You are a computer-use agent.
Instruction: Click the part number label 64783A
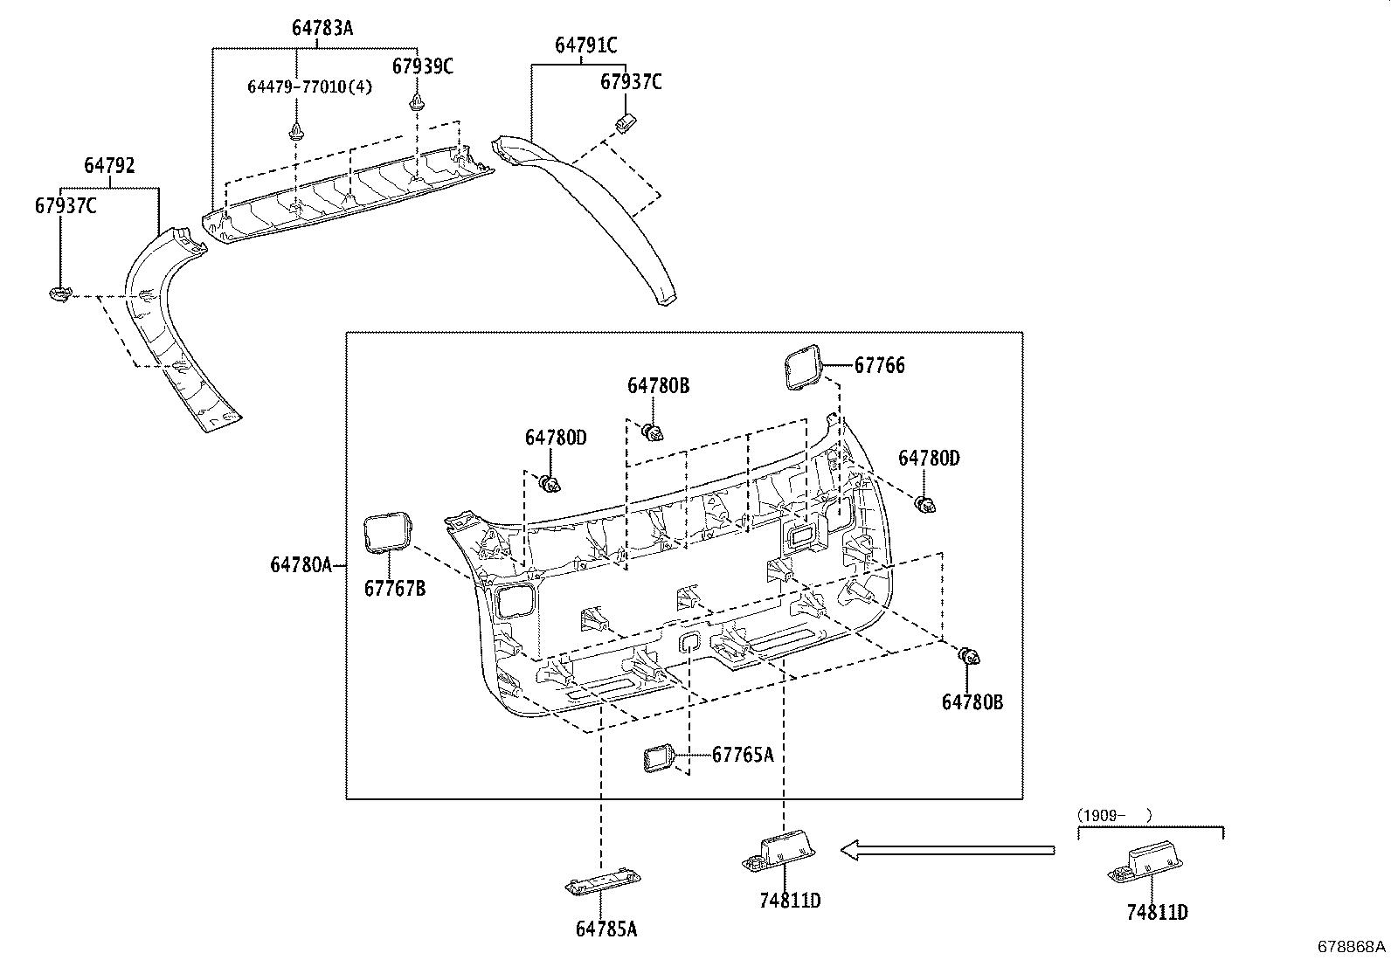(322, 28)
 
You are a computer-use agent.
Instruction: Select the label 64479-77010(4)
(309, 86)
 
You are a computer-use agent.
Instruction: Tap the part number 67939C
(423, 66)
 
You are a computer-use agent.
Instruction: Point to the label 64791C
(586, 45)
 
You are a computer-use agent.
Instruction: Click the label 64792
(109, 165)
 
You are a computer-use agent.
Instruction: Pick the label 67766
(879, 366)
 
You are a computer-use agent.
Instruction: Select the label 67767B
(395, 589)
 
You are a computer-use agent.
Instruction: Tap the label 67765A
(743, 754)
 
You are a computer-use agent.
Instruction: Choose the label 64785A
(606, 929)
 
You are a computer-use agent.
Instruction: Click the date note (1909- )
(1115, 815)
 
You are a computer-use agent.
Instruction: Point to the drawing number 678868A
(1352, 947)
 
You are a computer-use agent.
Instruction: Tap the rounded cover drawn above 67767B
(386, 533)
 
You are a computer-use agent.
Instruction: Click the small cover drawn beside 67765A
(657, 759)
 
